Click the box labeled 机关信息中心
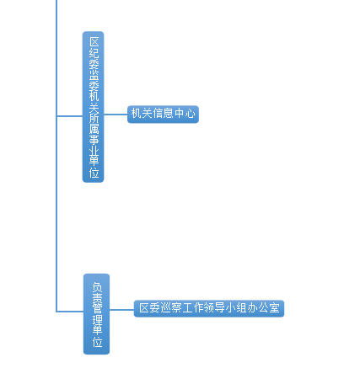tap(163, 115)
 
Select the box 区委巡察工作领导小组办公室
tap(209, 308)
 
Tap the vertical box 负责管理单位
tap(96, 314)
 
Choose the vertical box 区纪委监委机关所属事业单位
tap(94, 107)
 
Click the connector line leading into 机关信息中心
tap(116, 115)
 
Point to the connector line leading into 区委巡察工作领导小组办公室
tap(121, 310)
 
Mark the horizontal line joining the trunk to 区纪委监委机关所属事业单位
tap(69, 115)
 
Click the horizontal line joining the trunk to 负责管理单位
tap(70, 312)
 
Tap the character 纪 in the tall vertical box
tap(94, 53)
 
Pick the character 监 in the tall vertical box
tap(94, 75)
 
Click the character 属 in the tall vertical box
tap(94, 129)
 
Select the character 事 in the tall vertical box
tap(94, 140)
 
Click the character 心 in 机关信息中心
tap(190, 114)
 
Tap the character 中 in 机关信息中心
tap(180, 114)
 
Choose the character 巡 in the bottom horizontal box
tap(166, 308)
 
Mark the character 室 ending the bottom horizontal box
tap(274, 308)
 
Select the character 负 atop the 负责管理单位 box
tap(97, 287)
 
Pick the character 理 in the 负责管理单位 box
tap(97, 320)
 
